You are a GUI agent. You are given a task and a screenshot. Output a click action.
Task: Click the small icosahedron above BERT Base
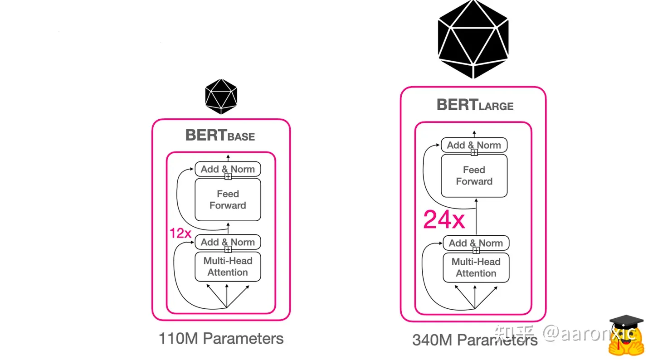point(221,96)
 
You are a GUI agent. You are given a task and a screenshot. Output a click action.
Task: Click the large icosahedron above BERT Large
point(473,39)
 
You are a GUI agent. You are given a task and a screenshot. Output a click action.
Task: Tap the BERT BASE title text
point(220,136)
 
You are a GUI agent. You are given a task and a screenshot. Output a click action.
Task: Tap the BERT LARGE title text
point(475,105)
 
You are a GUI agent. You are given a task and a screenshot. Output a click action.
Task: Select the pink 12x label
point(180,233)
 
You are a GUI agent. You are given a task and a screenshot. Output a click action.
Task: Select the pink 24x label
point(444,219)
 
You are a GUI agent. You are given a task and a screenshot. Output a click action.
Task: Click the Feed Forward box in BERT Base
point(228,199)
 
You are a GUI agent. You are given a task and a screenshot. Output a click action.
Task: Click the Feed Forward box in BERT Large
point(474,176)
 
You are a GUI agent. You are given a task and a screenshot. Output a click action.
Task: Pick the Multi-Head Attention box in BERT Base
point(228,267)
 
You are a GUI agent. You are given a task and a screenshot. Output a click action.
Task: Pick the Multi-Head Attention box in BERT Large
point(476,268)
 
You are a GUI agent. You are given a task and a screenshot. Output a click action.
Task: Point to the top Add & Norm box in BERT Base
point(228,169)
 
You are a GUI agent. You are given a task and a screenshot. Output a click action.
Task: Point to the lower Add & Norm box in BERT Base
point(228,242)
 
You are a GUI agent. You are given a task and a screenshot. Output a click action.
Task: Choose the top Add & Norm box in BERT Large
point(474,145)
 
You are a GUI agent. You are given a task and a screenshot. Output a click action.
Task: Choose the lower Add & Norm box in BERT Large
point(476,243)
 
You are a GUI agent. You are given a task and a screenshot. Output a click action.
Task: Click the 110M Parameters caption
point(221,338)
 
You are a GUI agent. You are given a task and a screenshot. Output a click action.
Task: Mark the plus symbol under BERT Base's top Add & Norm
point(228,177)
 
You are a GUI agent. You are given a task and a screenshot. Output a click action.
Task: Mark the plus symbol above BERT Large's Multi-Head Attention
point(476,250)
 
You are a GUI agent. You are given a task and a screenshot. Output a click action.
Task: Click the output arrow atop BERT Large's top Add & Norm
point(474,134)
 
